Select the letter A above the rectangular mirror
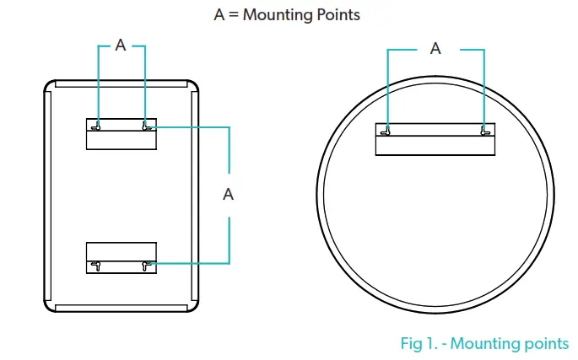(121, 46)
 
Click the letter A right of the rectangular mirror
(228, 194)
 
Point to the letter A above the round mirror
(435, 49)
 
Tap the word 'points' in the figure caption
(544, 343)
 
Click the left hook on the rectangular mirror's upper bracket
(98, 127)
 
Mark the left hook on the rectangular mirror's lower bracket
(98, 266)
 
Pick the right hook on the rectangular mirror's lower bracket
(148, 266)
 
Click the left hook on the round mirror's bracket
(386, 131)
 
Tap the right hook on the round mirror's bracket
(484, 131)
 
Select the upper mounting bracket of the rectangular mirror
(122, 135)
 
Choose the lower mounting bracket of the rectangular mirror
(122, 258)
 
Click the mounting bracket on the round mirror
(435, 140)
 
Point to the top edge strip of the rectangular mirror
(122, 83)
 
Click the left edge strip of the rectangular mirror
(48, 196)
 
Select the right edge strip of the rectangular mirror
(195, 196)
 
